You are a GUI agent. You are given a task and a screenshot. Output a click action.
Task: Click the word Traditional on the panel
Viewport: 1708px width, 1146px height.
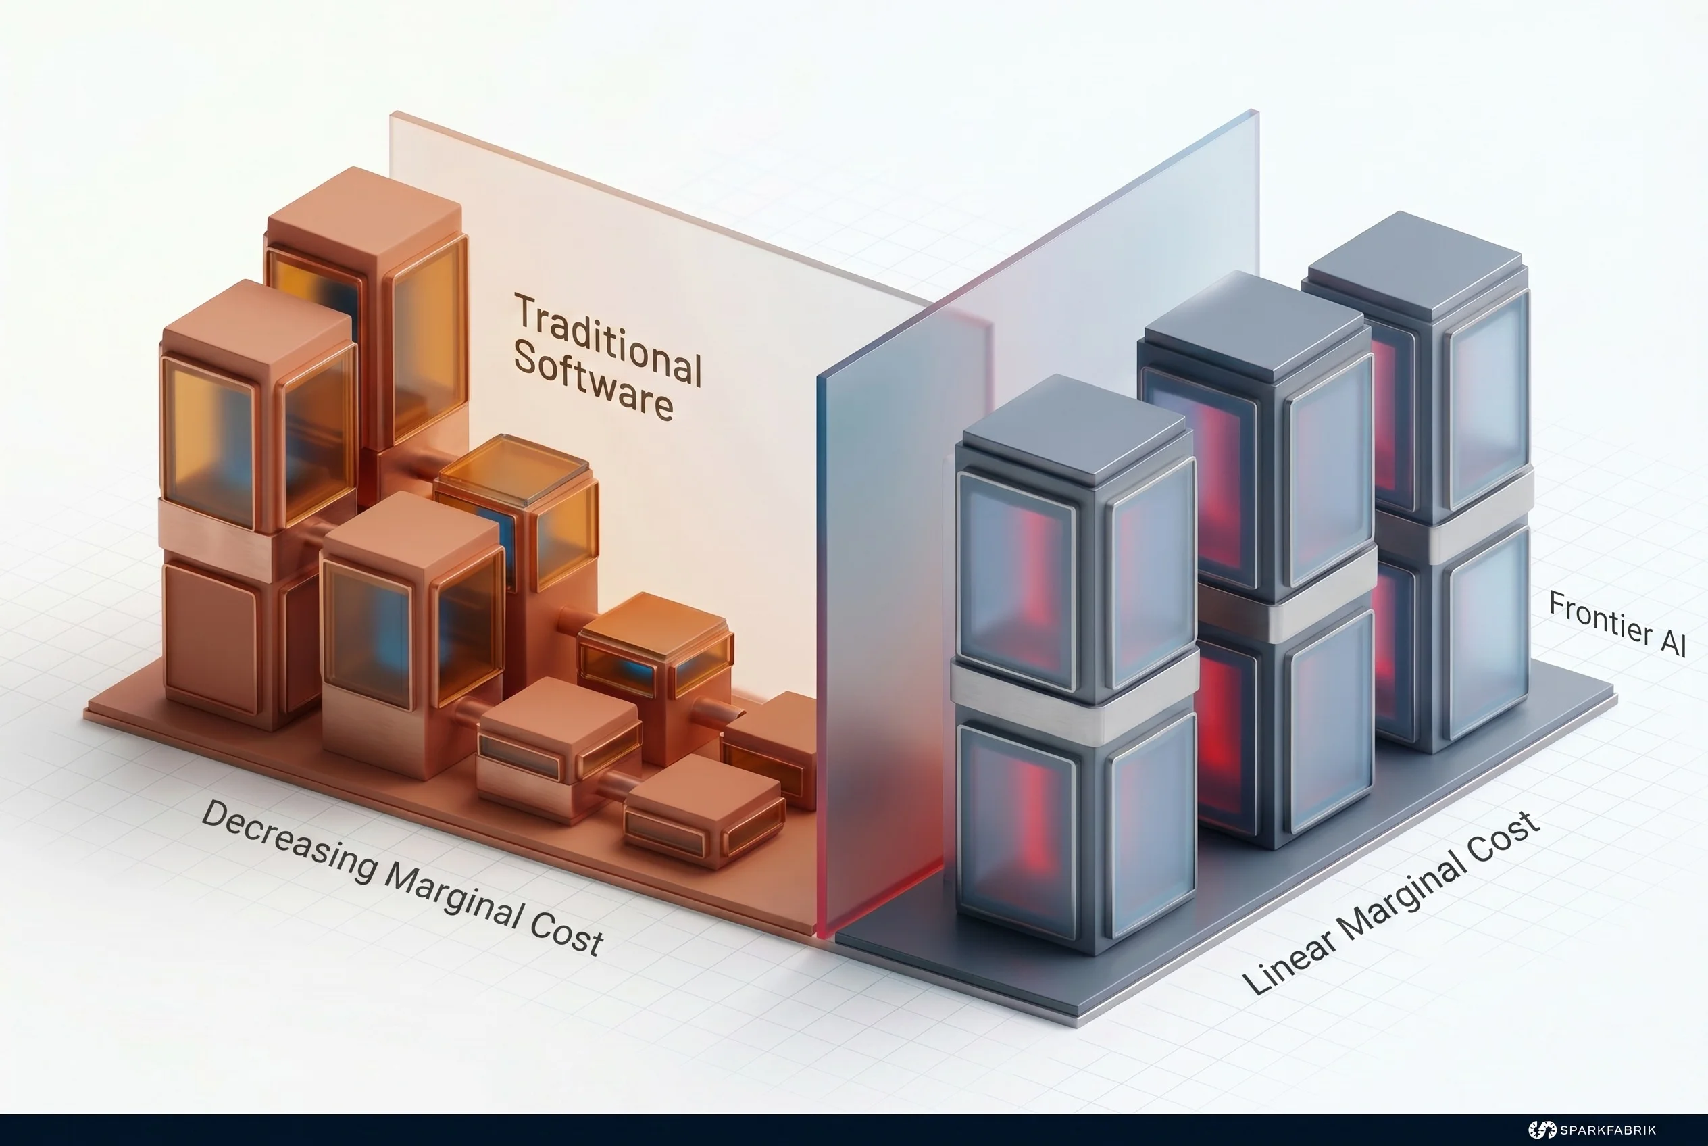[x=608, y=339]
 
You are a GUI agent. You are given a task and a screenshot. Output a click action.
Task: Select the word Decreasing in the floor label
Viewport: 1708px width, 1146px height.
[x=288, y=841]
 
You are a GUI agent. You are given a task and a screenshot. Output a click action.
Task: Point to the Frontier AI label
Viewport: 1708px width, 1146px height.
[x=1617, y=624]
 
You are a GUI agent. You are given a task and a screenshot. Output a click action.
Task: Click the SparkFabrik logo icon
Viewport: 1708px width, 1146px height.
[x=1542, y=1129]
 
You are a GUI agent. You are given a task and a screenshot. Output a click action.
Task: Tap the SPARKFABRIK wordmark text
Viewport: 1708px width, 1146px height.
[x=1608, y=1130]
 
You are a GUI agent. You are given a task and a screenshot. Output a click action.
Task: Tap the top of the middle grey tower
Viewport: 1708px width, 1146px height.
[x=1254, y=325]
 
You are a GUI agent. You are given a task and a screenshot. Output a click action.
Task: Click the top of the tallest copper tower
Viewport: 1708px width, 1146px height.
[x=364, y=211]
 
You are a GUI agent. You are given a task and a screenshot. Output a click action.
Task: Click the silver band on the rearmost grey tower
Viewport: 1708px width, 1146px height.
[x=1455, y=519]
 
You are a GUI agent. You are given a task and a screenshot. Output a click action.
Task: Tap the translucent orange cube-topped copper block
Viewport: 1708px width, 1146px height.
[x=516, y=512]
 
